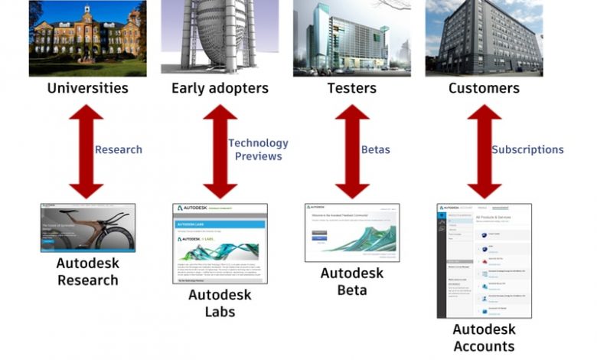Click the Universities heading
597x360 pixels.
[x=87, y=88]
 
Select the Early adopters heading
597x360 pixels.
[x=220, y=88]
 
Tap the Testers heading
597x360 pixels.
[x=352, y=88]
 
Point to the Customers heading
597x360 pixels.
[x=484, y=88]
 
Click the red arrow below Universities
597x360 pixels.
[x=86, y=151]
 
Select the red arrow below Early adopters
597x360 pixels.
[x=220, y=151]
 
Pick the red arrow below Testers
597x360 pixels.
[x=352, y=151]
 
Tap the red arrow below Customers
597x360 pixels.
[x=484, y=151]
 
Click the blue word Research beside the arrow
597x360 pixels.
[x=119, y=150]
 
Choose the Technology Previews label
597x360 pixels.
[x=258, y=150]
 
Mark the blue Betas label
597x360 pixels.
[x=376, y=150]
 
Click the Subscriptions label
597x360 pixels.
[x=527, y=150]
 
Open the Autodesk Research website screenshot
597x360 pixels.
[x=87, y=227]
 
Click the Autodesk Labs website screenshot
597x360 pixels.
[x=220, y=244]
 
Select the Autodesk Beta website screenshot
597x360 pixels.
[x=352, y=232]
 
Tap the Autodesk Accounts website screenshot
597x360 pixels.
[x=484, y=260]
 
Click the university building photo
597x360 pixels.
[x=87, y=38]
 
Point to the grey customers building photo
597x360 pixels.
[x=484, y=38]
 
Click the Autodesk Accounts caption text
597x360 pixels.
[x=484, y=338]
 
